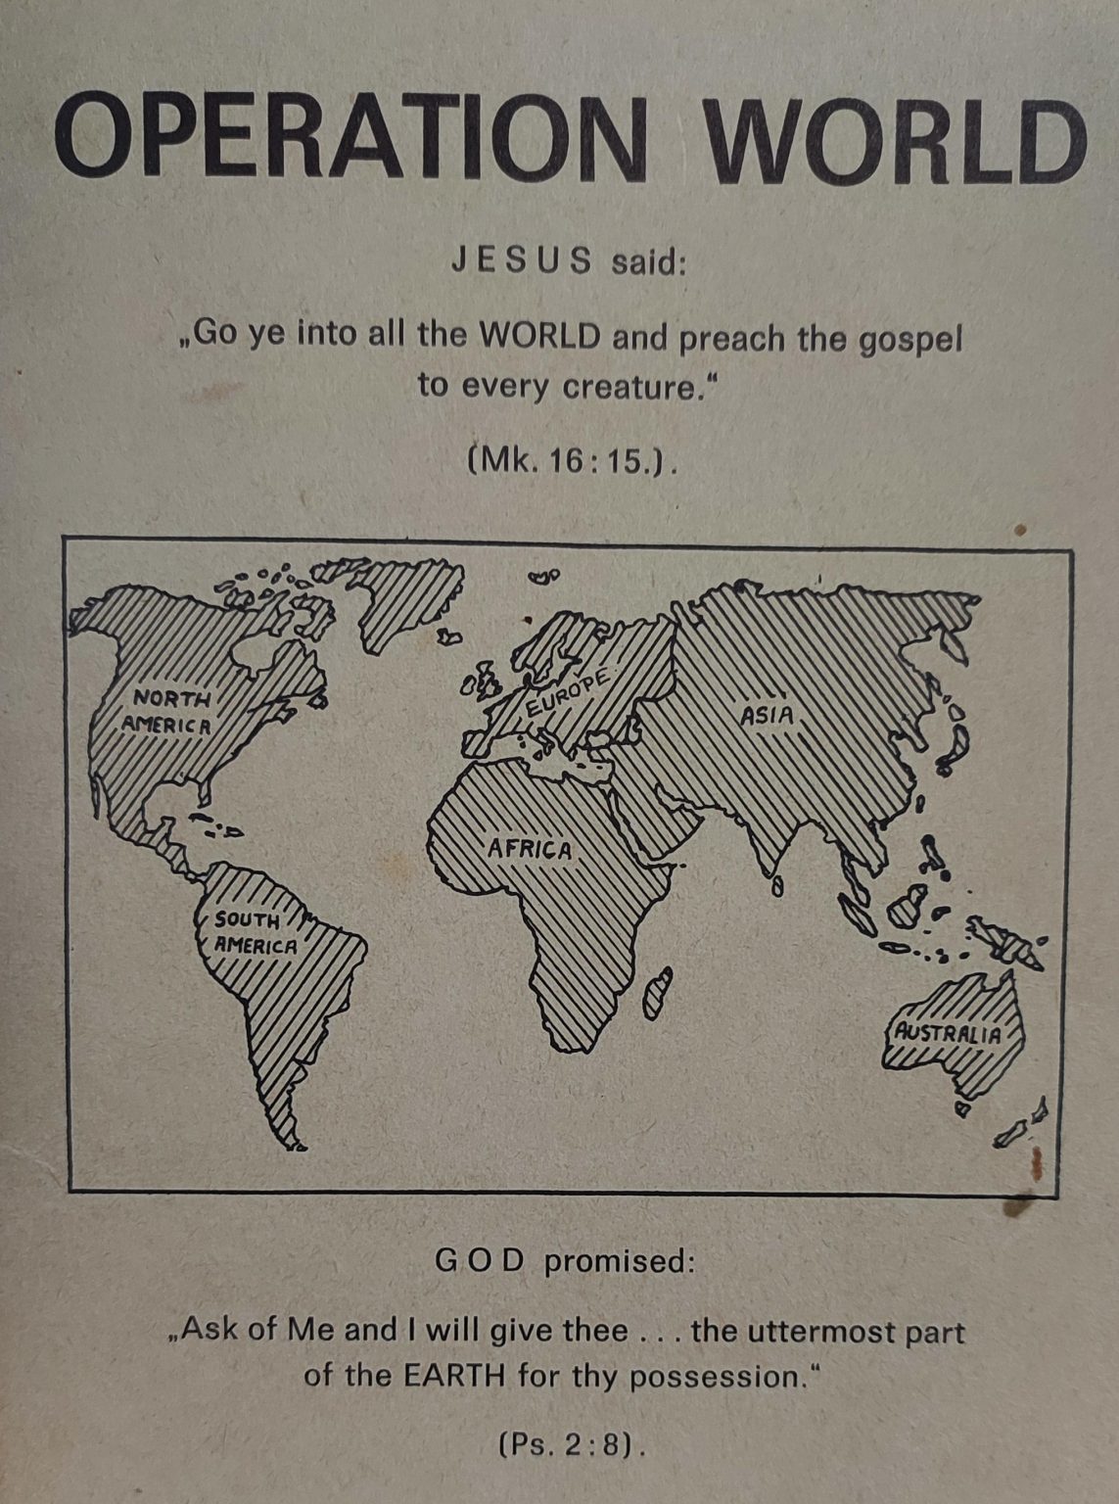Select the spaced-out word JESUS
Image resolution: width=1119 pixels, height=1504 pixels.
click(521, 261)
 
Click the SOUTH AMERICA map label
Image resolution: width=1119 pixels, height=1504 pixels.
click(253, 933)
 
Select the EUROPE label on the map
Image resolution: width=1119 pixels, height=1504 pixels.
click(569, 694)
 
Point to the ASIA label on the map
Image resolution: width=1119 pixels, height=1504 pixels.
click(768, 716)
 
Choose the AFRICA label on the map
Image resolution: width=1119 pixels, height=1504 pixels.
click(530, 848)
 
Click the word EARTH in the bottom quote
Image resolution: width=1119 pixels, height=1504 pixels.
click(455, 1376)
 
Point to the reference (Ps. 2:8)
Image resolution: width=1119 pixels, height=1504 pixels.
click(572, 1444)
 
